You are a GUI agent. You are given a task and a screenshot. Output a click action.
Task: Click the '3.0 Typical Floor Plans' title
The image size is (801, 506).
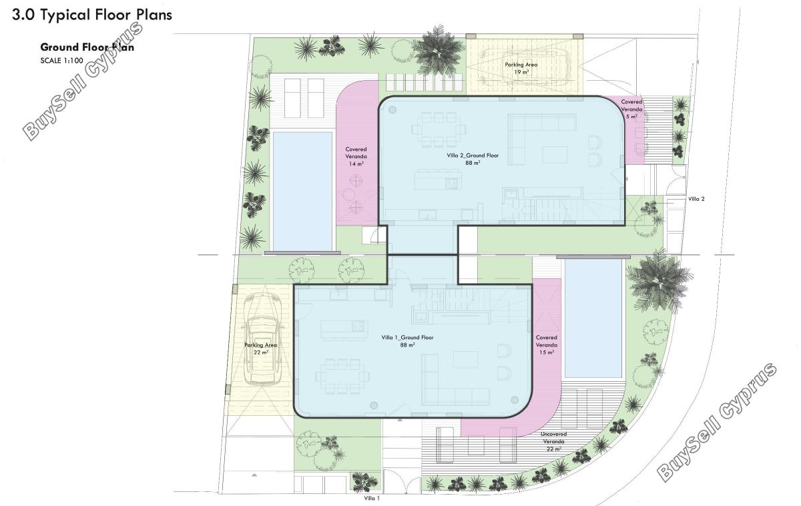pos(92,15)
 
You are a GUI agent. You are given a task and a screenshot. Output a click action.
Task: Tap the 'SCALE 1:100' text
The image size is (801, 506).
pos(61,61)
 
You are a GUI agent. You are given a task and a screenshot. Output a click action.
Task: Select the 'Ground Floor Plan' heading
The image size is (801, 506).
pos(87,47)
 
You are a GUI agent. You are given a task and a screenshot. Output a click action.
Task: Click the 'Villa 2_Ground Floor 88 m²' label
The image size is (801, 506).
pos(473,159)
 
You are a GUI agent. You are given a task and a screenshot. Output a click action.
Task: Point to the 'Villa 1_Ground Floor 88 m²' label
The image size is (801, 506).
pos(407,341)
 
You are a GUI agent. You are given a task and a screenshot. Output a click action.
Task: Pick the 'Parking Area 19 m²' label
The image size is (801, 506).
pos(521,68)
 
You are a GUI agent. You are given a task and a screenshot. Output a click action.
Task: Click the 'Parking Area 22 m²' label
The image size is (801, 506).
pos(261,348)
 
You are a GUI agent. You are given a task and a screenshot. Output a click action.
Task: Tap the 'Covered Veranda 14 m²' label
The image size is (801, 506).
pos(356,156)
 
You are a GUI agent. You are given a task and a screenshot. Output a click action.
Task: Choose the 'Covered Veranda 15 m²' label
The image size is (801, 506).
pos(547,344)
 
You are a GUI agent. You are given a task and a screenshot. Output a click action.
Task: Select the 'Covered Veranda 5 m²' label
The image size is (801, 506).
pos(631,109)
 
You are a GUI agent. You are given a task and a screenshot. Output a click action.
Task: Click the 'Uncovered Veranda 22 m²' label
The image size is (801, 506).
pos(553,441)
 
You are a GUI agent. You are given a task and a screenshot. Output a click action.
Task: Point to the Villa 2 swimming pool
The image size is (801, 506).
pos(302,192)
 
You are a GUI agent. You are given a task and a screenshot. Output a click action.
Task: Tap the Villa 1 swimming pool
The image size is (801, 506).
pos(593,318)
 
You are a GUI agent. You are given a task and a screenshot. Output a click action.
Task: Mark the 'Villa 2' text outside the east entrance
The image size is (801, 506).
pos(696,199)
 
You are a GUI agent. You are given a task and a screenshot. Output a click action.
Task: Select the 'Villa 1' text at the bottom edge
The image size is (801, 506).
pos(372,498)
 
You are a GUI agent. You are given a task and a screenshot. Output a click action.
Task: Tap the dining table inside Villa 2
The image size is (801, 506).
pos(439,130)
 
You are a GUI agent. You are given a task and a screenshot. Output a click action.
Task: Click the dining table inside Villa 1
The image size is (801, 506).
pos(342,376)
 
